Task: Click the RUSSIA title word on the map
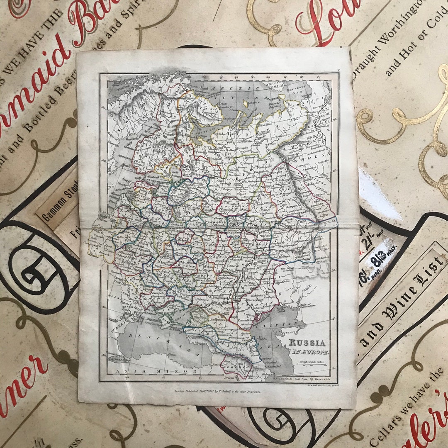[307, 343]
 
